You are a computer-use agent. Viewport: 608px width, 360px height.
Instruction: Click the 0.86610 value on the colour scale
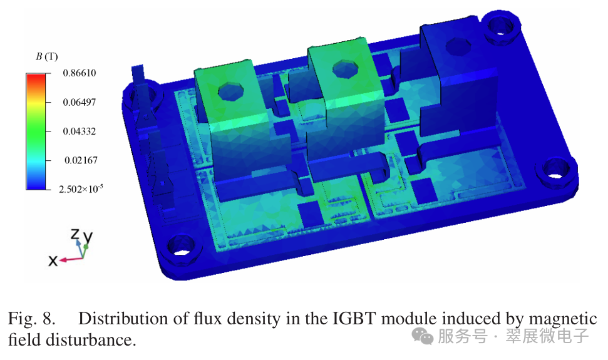(x=80, y=73)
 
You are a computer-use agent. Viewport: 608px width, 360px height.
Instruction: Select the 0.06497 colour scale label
(x=80, y=102)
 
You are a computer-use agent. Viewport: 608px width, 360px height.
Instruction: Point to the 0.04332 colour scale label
(x=80, y=131)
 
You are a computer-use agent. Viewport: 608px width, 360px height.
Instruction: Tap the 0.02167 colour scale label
(x=81, y=160)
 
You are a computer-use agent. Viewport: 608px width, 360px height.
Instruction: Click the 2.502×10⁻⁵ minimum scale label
(x=81, y=188)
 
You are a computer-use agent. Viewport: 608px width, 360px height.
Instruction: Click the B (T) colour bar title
(x=46, y=56)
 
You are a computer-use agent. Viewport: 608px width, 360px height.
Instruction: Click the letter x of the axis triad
(x=53, y=261)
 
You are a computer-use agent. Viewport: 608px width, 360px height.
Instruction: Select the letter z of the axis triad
(x=75, y=234)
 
